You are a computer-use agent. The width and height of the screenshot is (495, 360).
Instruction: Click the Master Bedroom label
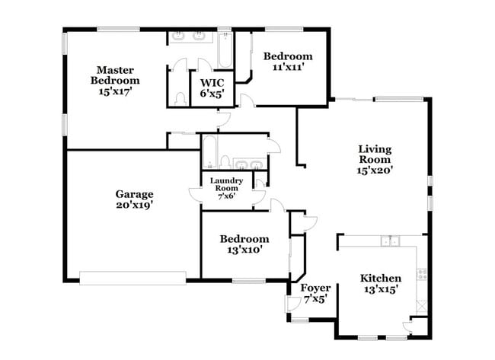[x=115, y=75]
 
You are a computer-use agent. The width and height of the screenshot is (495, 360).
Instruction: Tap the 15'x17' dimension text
[x=115, y=91]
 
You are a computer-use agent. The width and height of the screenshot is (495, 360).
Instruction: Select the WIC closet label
[x=212, y=83]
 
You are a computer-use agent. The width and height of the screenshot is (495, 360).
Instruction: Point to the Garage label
[x=134, y=194]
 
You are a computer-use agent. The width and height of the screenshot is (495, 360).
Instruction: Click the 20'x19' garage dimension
[x=135, y=205]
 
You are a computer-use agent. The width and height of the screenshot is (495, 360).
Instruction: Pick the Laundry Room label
[x=226, y=184]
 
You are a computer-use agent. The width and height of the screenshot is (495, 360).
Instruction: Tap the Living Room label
[x=375, y=154]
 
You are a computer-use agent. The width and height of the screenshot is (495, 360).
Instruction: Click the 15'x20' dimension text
[x=375, y=170]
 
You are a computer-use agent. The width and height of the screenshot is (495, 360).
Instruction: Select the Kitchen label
[x=381, y=278]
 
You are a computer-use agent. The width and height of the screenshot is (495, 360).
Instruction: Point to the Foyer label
[x=315, y=288]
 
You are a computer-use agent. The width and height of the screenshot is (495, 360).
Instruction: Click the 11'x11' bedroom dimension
[x=288, y=67]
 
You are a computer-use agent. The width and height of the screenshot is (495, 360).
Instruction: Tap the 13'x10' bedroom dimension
[x=244, y=250]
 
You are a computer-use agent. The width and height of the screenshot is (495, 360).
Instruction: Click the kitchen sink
[x=390, y=241]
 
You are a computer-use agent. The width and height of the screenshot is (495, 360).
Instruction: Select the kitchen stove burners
[x=422, y=274]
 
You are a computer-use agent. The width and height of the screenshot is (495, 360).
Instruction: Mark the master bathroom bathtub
[x=225, y=50]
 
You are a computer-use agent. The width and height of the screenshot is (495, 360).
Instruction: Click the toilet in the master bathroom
[x=180, y=99]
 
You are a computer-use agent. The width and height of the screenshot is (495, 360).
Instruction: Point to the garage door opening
[x=133, y=278]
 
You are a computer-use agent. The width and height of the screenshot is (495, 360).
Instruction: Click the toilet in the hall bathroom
[x=225, y=161]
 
